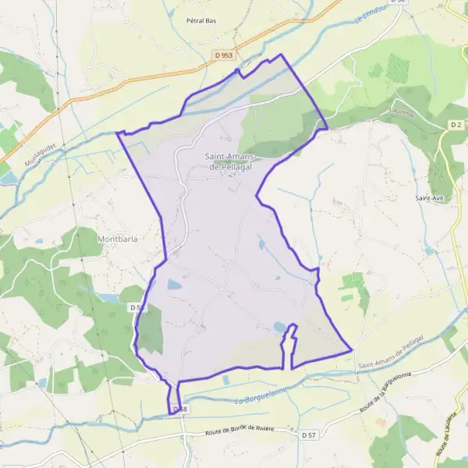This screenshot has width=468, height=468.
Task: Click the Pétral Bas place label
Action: tap(201, 20)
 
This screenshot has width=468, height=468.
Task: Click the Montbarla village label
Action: tap(117, 239)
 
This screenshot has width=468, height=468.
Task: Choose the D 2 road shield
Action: tap(456, 125)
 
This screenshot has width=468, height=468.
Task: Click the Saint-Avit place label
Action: tap(429, 198)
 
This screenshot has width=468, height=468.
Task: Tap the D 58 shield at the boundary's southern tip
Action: tap(179, 409)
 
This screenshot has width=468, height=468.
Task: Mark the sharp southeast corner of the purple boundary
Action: tap(353, 350)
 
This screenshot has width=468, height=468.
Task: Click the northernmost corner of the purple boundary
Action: tap(282, 55)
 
